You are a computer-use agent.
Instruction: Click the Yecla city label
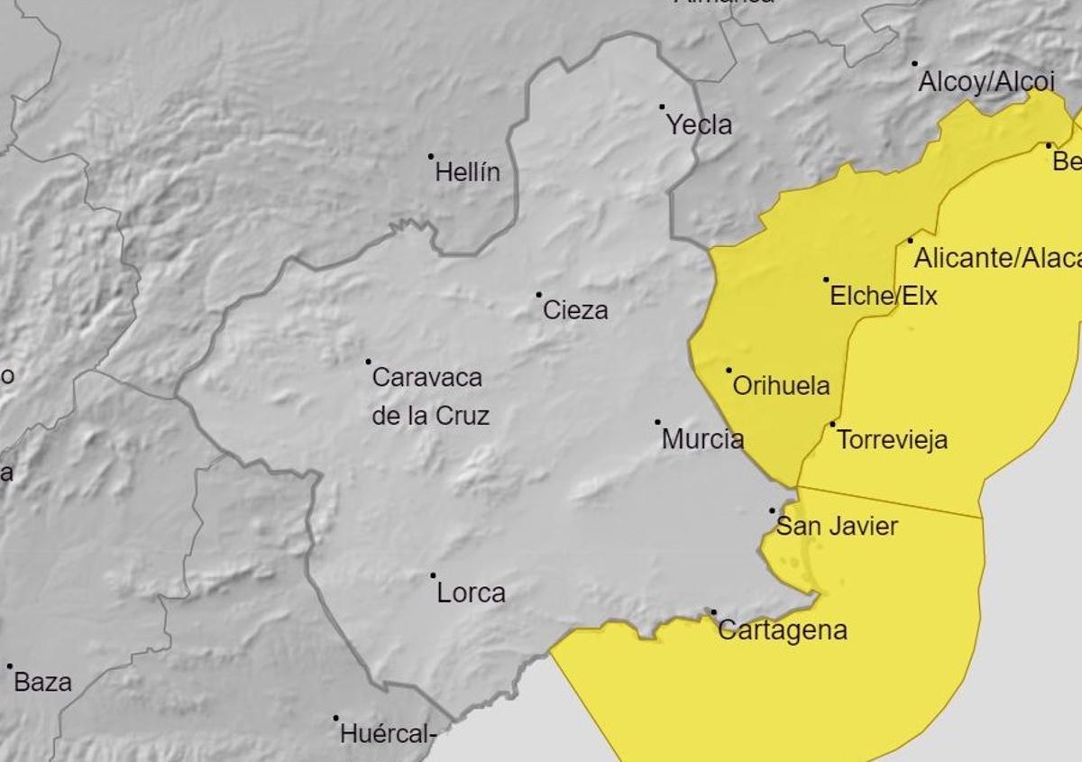point(699,125)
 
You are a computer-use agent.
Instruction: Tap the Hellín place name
point(467,172)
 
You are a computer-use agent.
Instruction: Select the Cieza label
point(575,310)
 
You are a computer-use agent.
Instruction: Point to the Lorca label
point(471,592)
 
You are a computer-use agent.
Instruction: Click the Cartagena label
point(783,629)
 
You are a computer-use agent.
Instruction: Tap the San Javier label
point(837,527)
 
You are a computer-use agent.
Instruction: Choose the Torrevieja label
point(892,440)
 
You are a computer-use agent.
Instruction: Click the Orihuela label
point(781,386)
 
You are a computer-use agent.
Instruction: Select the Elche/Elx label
point(883,296)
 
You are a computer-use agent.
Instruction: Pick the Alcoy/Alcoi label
point(986,82)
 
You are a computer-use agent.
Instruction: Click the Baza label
point(42,682)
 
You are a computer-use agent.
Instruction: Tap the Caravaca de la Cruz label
point(430,396)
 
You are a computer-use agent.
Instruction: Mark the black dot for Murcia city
point(657,422)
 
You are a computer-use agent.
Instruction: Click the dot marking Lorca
point(433,575)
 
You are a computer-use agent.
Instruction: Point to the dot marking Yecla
point(662,107)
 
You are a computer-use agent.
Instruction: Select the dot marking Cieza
point(539,294)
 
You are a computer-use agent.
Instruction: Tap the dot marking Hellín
point(431,156)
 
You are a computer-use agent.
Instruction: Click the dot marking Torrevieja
point(832,424)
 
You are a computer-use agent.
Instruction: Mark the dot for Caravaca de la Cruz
point(368,362)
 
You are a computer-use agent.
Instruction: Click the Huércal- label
point(388,735)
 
